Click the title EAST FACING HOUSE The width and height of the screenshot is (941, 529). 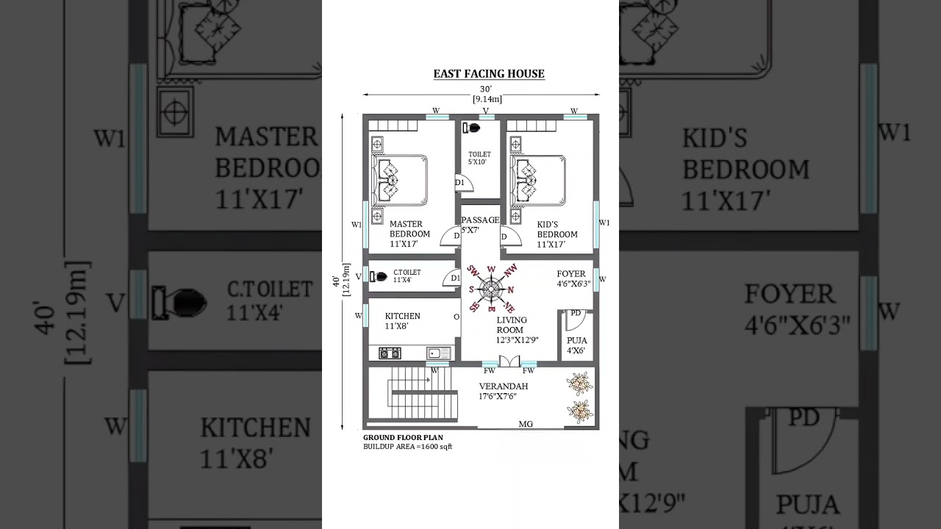coord(489,73)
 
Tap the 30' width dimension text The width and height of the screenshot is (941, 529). coord(487,89)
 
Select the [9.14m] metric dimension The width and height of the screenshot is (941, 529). coord(487,98)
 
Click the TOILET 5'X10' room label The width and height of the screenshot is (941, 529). coord(479,158)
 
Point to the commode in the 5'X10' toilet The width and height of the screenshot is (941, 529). coord(471,128)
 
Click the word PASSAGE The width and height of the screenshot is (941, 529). coord(480,220)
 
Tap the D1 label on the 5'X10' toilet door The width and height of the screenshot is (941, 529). coord(459,182)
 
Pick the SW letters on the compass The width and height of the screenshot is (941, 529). coord(473,271)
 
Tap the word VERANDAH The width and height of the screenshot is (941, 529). coord(503,386)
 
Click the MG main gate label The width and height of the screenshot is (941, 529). coord(526,424)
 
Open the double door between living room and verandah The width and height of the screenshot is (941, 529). coord(509,361)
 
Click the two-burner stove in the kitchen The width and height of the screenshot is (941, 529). coord(390,353)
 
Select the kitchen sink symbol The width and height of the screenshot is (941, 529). coord(439,353)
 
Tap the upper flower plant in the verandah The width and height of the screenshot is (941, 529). coord(580,384)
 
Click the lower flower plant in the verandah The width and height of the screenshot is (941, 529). coord(580,411)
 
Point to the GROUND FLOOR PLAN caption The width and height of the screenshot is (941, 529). coord(403,437)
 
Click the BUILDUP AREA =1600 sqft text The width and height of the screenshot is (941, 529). coord(407,446)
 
